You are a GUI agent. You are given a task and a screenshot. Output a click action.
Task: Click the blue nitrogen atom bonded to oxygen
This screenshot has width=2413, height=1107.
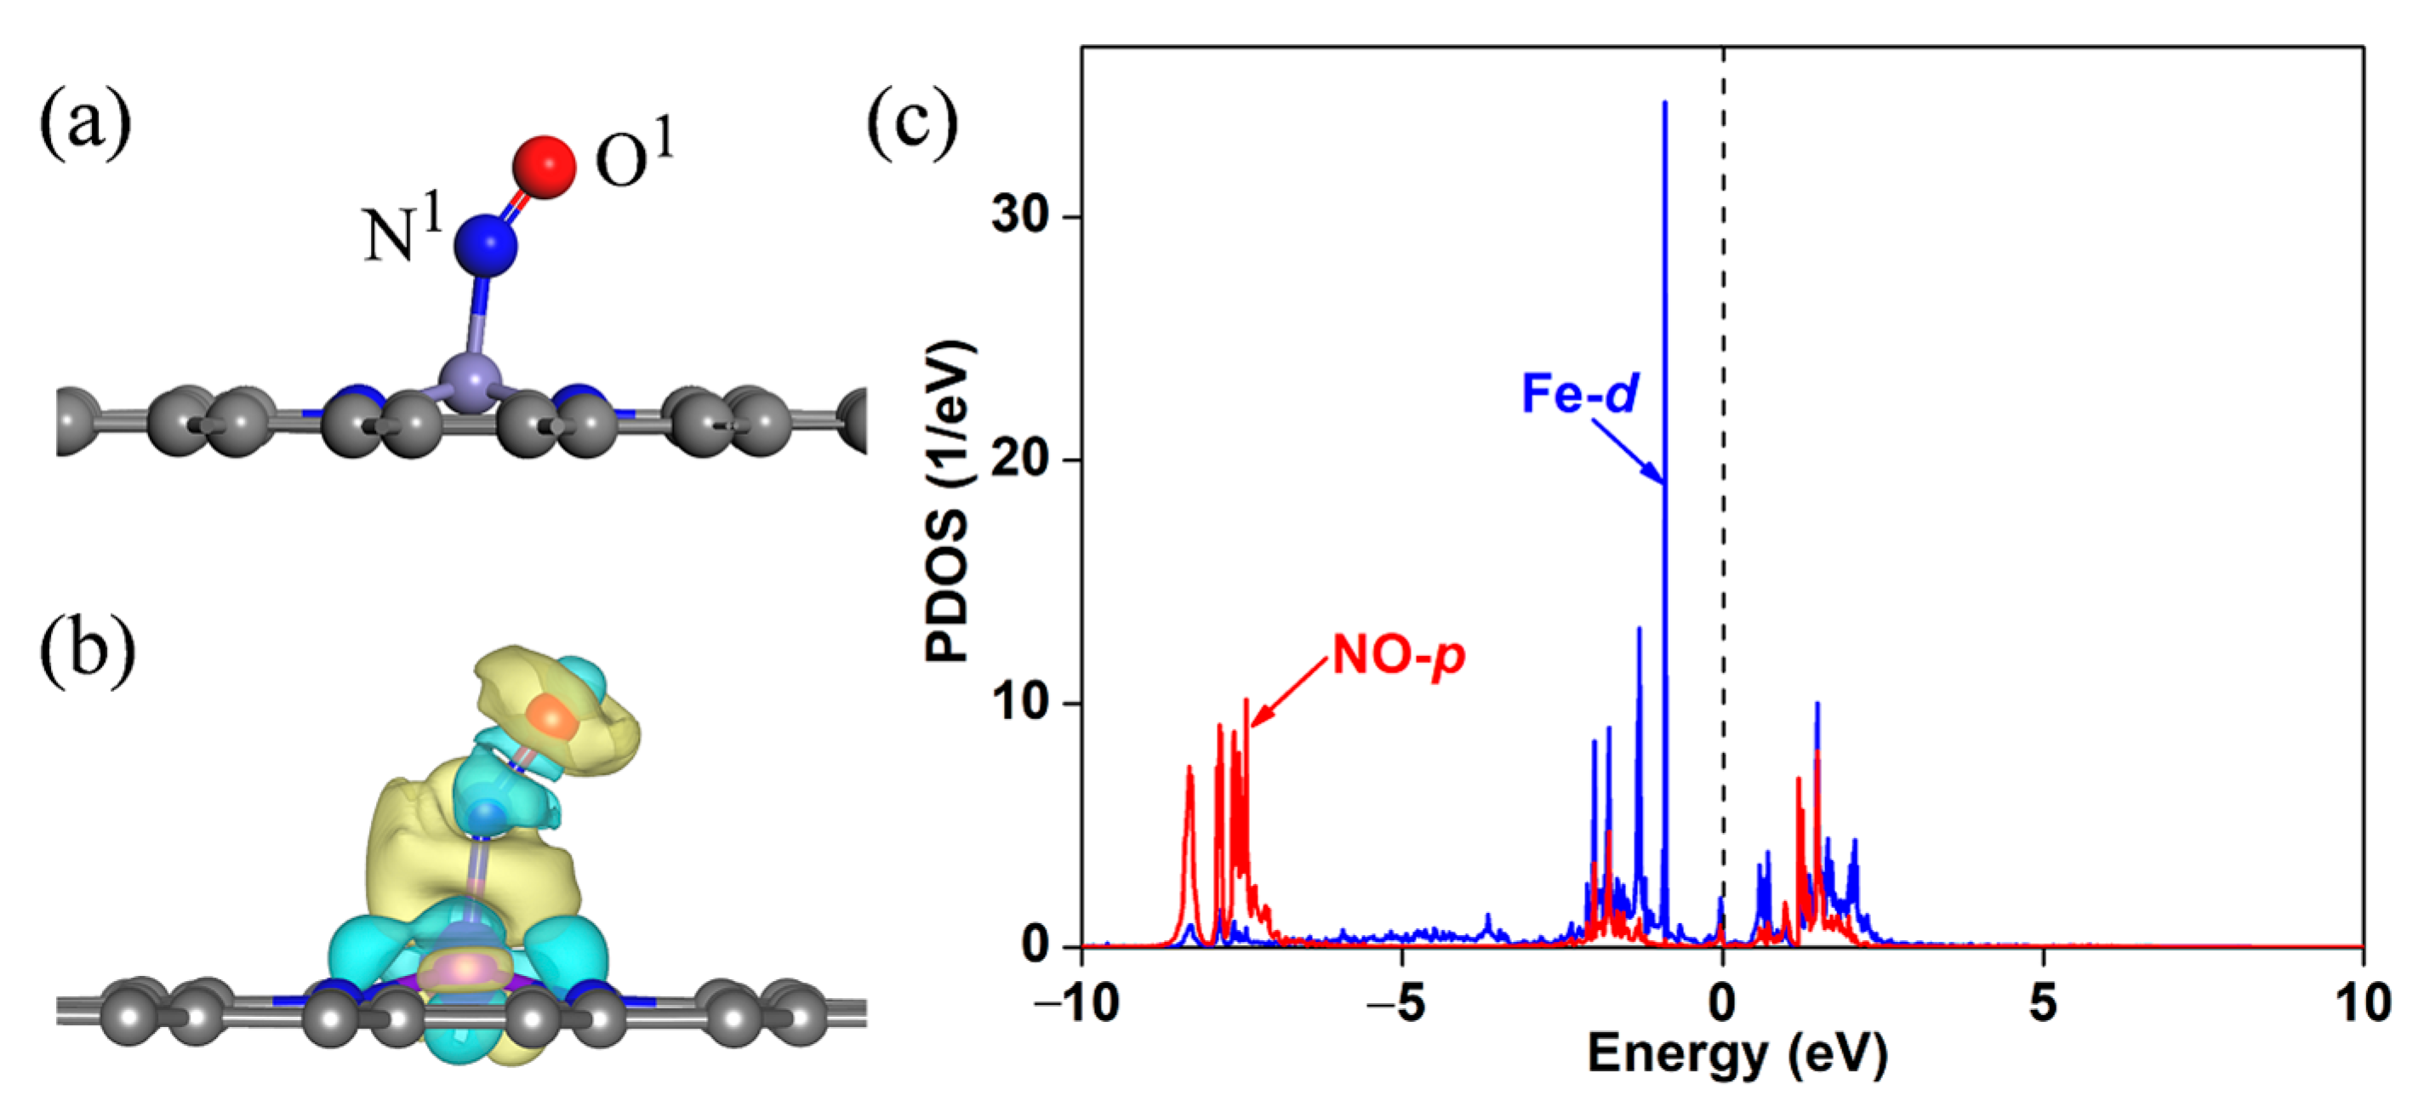[485, 245]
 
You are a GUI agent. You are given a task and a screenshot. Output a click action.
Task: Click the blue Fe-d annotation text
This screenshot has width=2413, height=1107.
[1579, 393]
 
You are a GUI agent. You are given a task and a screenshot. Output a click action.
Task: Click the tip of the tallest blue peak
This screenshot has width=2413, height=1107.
[1664, 103]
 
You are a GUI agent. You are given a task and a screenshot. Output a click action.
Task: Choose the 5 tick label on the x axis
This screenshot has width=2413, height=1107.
[2043, 1004]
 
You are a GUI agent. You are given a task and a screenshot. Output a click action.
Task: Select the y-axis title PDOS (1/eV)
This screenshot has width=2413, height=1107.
[950, 502]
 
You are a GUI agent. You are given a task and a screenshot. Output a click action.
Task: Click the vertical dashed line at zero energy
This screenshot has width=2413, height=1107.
[1724, 468]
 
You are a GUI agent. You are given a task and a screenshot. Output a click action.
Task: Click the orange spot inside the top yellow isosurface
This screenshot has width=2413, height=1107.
[553, 718]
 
